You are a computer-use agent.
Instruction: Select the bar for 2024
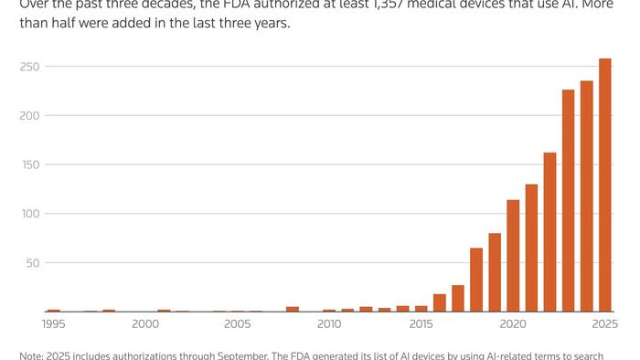586,196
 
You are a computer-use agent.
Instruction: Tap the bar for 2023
568,201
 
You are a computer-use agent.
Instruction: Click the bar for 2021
531,248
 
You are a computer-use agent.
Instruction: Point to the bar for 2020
513,256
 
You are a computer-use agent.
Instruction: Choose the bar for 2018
476,280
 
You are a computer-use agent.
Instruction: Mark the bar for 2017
457,299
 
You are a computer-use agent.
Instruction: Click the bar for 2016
439,303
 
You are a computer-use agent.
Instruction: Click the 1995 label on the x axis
54,323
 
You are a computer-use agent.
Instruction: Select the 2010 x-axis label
329,323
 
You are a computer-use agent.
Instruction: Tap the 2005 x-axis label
237,323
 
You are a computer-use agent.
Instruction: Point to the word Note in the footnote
33,355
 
